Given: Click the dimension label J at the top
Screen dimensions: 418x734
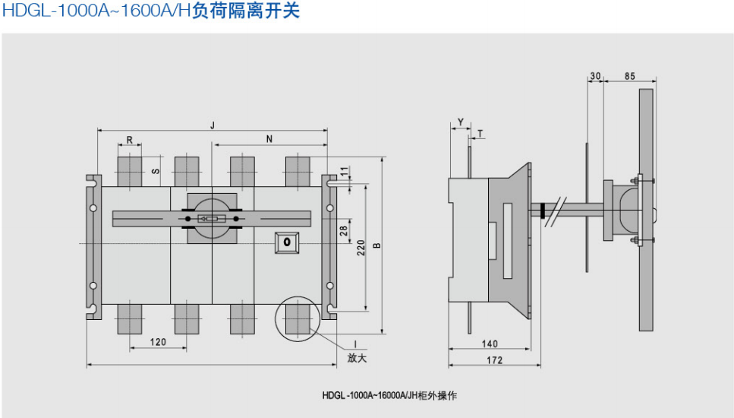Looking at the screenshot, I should tap(213, 124).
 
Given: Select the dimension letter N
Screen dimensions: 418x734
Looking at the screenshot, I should tap(270, 139).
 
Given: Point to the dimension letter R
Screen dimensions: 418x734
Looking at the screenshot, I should tap(130, 140).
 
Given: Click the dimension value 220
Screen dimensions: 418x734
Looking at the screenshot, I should tap(361, 247).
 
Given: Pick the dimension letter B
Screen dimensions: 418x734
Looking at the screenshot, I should tap(376, 245).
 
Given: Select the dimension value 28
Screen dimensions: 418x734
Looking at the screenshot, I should tap(343, 230).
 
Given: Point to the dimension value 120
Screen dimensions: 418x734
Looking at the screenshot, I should tap(157, 342).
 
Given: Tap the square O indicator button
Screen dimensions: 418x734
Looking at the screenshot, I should tap(287, 242).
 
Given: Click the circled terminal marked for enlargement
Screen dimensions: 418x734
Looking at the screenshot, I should tap(297, 317).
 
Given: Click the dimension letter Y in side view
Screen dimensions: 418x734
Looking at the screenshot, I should tap(461, 122).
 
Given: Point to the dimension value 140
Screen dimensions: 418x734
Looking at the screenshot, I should tap(490, 344).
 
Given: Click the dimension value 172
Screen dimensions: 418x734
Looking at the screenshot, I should tap(494, 361).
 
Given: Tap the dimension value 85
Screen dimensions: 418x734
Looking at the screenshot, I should tap(630, 76).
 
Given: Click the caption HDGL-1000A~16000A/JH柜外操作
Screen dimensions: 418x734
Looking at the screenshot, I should tap(389, 395).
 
